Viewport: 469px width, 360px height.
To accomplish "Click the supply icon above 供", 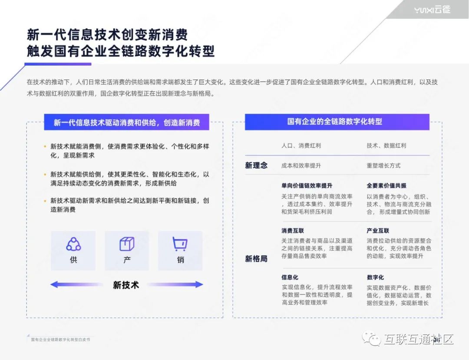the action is (x=73, y=244).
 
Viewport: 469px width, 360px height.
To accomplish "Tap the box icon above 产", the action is (x=127, y=244).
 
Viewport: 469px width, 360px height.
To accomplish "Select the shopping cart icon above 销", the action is (x=180, y=244).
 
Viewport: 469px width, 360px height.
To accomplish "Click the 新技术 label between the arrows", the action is (x=126, y=285).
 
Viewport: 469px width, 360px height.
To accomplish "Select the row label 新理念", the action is (x=256, y=165).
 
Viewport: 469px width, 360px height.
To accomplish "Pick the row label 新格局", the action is (x=256, y=259).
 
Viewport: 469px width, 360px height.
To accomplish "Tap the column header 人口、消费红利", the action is (x=301, y=146).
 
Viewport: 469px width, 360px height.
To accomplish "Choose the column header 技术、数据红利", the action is (x=386, y=146).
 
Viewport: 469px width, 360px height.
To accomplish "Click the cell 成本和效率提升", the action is (x=301, y=165).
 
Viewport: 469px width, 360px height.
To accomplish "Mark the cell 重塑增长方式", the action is (x=383, y=165).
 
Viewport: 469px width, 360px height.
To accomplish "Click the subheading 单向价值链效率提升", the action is (x=307, y=185).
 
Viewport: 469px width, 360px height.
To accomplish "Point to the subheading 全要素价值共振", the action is (x=386, y=185).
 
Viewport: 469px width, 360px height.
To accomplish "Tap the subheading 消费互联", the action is (x=293, y=231).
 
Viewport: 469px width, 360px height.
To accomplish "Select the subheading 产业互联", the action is (x=378, y=231).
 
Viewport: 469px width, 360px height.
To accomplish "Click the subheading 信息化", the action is (x=290, y=277).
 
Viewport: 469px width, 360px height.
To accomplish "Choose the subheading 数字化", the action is (x=375, y=277).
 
